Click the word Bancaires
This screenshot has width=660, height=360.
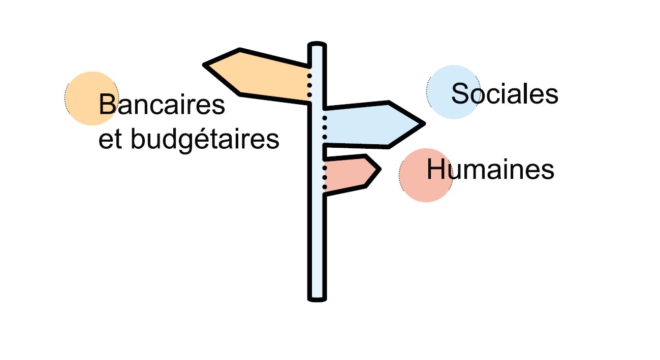pyautogui.click(x=162, y=105)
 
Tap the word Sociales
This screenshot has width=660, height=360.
pyautogui.click(x=505, y=93)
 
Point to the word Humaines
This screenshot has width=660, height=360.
pyautogui.click(x=490, y=169)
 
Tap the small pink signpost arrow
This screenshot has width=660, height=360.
pyautogui.click(x=351, y=173)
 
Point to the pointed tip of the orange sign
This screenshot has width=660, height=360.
pyautogui.click(x=206, y=65)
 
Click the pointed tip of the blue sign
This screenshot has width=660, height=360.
pyautogui.click(x=423, y=123)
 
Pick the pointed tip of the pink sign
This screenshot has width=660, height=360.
pyautogui.click(x=379, y=169)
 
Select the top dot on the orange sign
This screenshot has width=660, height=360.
pyautogui.click(x=309, y=76)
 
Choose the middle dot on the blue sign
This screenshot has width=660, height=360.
pyautogui.click(x=325, y=127)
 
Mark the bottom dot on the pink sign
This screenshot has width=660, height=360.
pyautogui.click(x=325, y=186)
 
